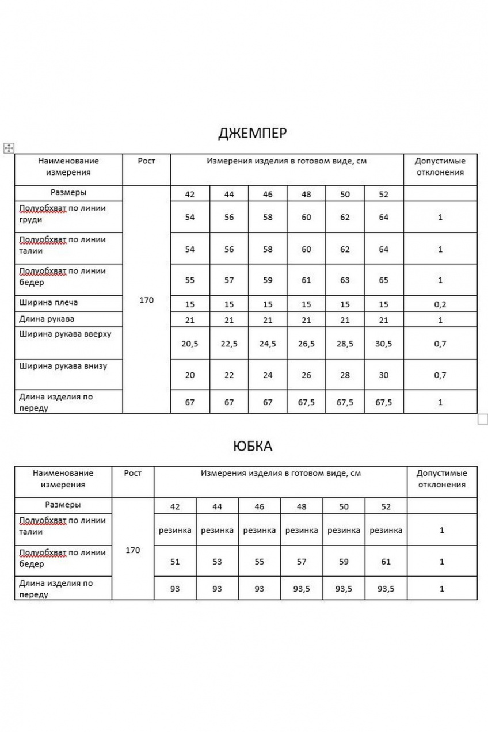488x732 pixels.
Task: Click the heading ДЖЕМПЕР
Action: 252,134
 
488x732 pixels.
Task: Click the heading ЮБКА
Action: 253,446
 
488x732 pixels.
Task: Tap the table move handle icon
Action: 8,148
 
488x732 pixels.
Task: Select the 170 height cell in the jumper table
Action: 147,300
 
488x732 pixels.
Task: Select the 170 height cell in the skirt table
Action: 133,550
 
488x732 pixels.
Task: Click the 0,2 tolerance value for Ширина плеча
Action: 440,304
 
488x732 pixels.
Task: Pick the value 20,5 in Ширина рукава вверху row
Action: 190,344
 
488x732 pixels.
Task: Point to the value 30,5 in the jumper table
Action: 383,344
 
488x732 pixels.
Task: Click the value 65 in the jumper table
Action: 383,280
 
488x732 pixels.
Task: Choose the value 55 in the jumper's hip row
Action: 190,280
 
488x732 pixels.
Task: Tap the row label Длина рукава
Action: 47,319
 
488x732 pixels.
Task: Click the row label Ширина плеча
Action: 48,303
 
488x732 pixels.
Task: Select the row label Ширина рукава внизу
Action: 63,365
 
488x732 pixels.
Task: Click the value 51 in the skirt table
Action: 175,562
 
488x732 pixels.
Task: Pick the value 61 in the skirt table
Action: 386,562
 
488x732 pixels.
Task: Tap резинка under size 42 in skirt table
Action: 175,531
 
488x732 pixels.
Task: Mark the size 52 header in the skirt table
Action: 386,507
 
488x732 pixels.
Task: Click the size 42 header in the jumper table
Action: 190,195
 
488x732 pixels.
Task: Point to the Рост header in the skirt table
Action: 133,474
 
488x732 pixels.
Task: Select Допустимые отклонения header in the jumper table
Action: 440,166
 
